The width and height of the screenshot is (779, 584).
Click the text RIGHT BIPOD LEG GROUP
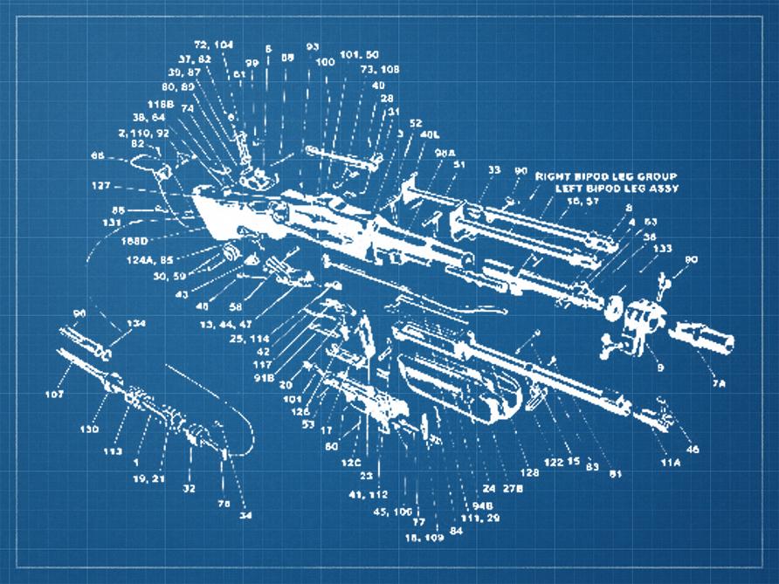click(x=606, y=175)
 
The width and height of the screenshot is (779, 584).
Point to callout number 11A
click(x=670, y=461)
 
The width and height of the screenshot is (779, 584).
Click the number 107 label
click(x=55, y=395)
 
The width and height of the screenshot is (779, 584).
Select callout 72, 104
click(x=213, y=44)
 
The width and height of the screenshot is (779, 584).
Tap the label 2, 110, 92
click(x=144, y=133)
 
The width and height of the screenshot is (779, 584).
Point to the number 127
click(x=102, y=185)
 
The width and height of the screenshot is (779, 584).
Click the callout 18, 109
click(x=424, y=537)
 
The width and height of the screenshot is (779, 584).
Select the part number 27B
click(x=513, y=489)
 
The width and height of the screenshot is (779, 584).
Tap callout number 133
click(x=663, y=249)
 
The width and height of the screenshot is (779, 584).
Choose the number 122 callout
click(x=553, y=462)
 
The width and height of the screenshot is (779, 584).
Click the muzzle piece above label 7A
click(x=702, y=340)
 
